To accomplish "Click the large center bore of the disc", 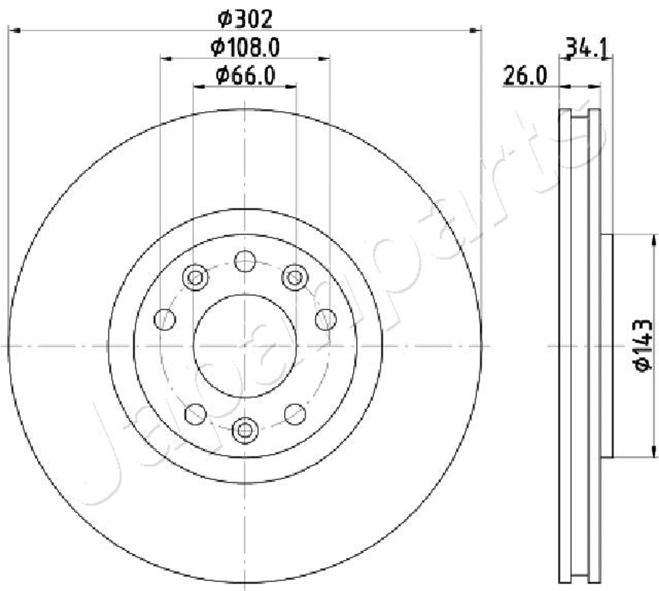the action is click(245, 346).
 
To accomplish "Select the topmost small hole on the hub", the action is click(245, 261).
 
